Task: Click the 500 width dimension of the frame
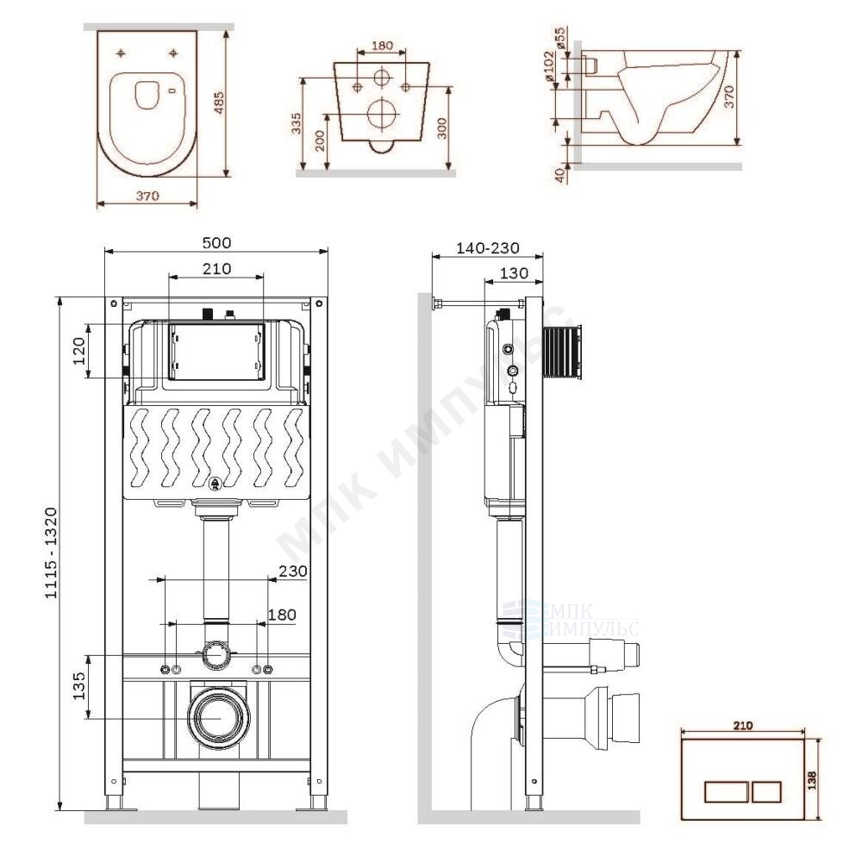216,242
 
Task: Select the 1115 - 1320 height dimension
51,553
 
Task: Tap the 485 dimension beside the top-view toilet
219,103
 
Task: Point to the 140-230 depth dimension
488,248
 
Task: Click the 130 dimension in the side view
515,273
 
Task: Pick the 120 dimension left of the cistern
79,352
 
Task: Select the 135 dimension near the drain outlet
78,685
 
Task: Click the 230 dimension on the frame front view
293,572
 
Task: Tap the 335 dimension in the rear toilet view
297,123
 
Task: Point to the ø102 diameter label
550,67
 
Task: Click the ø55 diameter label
560,39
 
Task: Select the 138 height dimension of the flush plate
813,778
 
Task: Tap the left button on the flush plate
726,791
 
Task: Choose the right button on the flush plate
766,791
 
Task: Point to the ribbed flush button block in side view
562,352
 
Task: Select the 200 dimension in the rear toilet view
321,141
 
